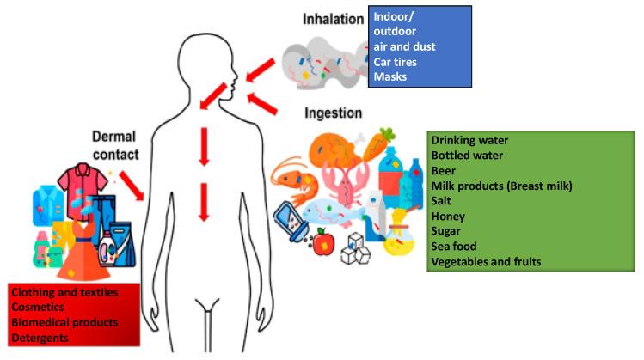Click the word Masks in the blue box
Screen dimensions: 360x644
(390, 77)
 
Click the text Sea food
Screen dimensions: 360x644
(454, 247)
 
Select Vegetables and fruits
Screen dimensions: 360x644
(486, 261)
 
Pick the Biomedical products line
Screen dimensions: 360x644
(64, 323)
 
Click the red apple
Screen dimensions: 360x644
(323, 243)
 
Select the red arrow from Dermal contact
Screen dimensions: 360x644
(131, 180)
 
